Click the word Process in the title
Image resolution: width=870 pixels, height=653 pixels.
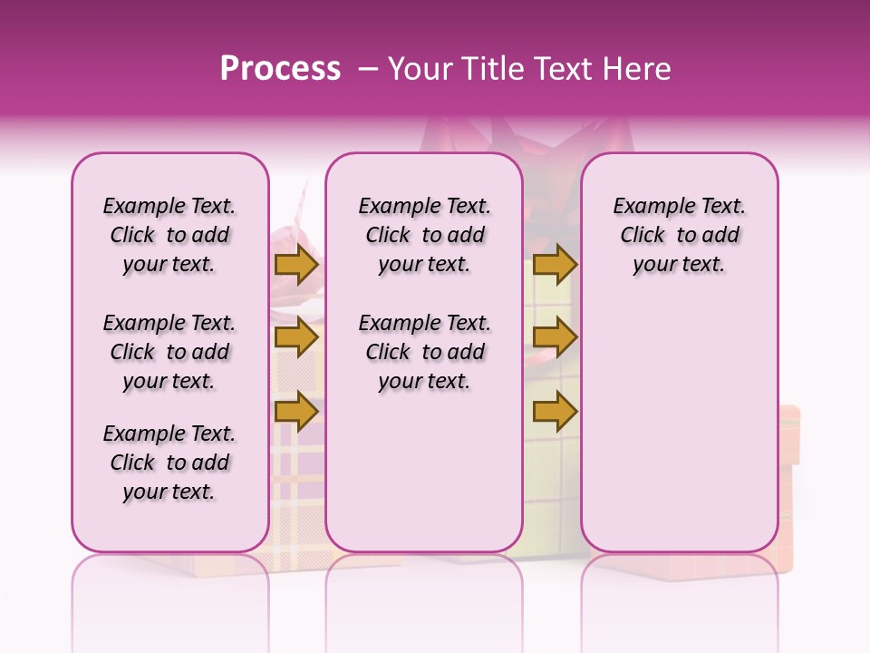(280, 69)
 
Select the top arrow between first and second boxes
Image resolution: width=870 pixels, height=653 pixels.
(296, 265)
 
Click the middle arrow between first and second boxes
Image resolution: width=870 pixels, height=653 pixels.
(296, 338)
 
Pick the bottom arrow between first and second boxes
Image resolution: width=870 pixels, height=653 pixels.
(296, 412)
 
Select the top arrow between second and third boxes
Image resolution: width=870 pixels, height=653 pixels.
(555, 265)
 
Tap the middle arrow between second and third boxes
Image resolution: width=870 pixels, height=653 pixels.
(555, 338)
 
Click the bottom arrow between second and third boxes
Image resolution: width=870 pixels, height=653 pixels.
(555, 412)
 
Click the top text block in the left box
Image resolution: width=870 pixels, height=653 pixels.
(169, 235)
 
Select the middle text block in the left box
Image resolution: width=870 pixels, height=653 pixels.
(169, 352)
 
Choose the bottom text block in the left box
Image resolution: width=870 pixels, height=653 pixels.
(169, 463)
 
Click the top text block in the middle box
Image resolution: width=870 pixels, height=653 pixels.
(424, 235)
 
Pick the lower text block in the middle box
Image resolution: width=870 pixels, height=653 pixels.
(424, 352)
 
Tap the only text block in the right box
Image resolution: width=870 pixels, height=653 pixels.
(679, 235)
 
